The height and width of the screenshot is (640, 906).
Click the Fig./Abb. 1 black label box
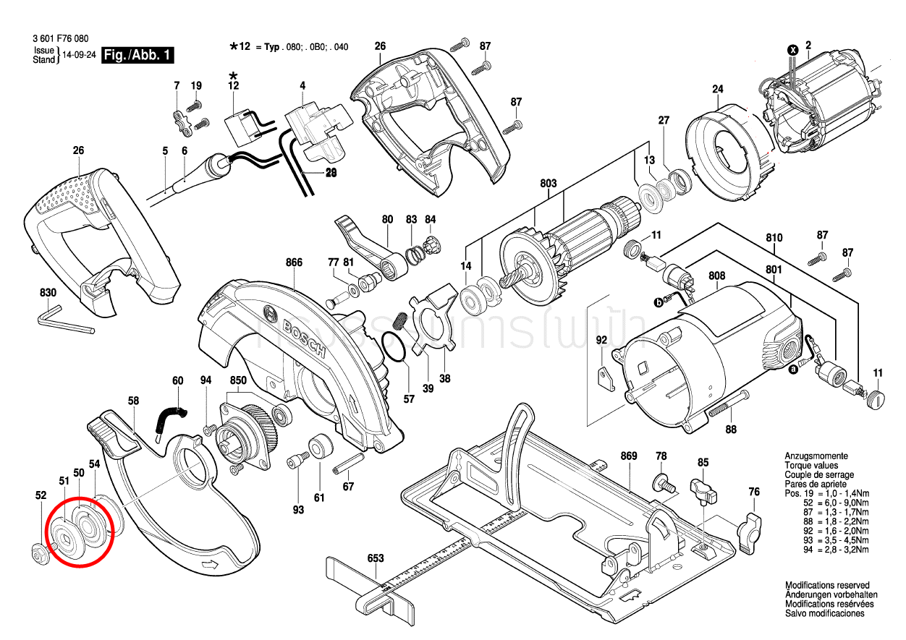tap(137, 55)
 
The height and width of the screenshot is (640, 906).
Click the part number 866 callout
tap(294, 263)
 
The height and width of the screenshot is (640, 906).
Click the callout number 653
tap(375, 558)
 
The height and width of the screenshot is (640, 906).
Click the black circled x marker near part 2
tap(792, 50)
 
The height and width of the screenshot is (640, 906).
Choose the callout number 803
tap(548, 184)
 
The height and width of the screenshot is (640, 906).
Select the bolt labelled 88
tap(728, 404)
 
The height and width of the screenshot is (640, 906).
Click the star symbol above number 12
tap(233, 75)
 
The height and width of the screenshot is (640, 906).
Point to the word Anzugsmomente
tap(816, 456)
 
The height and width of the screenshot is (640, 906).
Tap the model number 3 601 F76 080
tap(61, 39)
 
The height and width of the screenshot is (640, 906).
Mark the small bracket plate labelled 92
tap(604, 378)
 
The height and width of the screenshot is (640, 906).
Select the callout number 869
tap(628, 456)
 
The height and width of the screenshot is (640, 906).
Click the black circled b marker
tap(659, 303)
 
